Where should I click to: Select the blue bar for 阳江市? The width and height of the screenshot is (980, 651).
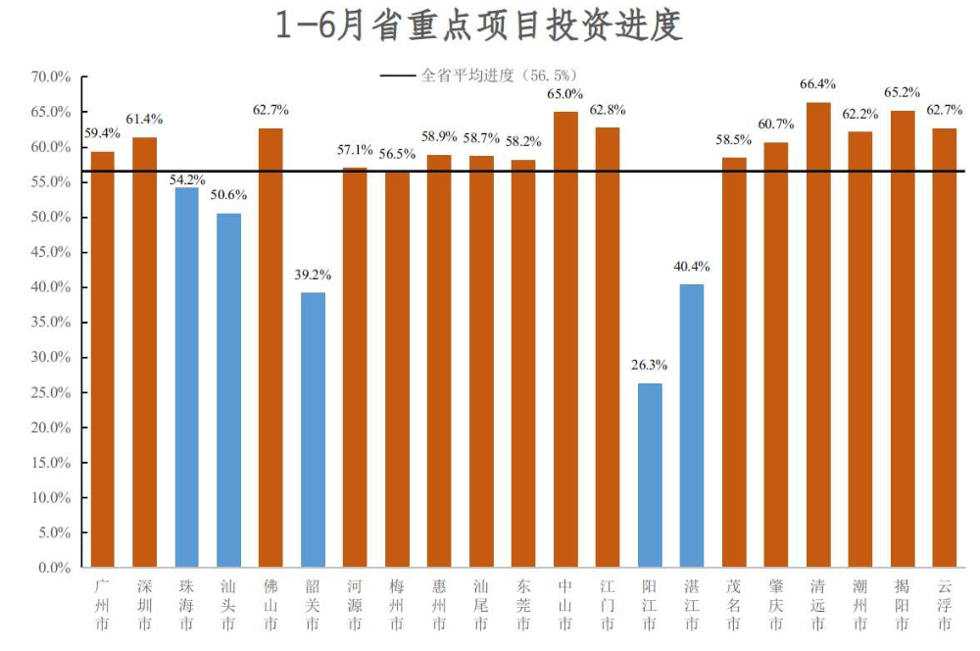(x=650, y=475)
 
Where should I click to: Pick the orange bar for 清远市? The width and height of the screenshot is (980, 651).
(x=818, y=334)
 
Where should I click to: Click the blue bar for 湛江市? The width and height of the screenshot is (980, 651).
(x=692, y=426)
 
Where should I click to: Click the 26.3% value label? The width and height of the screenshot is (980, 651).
(x=649, y=366)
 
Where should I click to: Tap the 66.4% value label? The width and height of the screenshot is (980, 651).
(x=818, y=84)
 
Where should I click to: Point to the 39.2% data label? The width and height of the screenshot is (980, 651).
(x=313, y=275)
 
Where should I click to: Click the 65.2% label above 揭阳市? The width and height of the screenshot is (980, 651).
(x=903, y=92)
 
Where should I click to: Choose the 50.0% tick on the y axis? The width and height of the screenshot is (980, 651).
(x=51, y=218)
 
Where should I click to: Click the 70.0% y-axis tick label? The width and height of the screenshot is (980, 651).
(x=51, y=77)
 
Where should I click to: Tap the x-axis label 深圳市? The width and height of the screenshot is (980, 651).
(x=145, y=605)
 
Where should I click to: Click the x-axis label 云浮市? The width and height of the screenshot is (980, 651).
(x=945, y=605)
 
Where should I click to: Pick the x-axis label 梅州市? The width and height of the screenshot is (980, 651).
(x=397, y=605)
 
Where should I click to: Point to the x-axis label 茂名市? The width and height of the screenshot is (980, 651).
(x=734, y=605)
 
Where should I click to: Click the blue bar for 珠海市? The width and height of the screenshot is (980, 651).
(x=186, y=377)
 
